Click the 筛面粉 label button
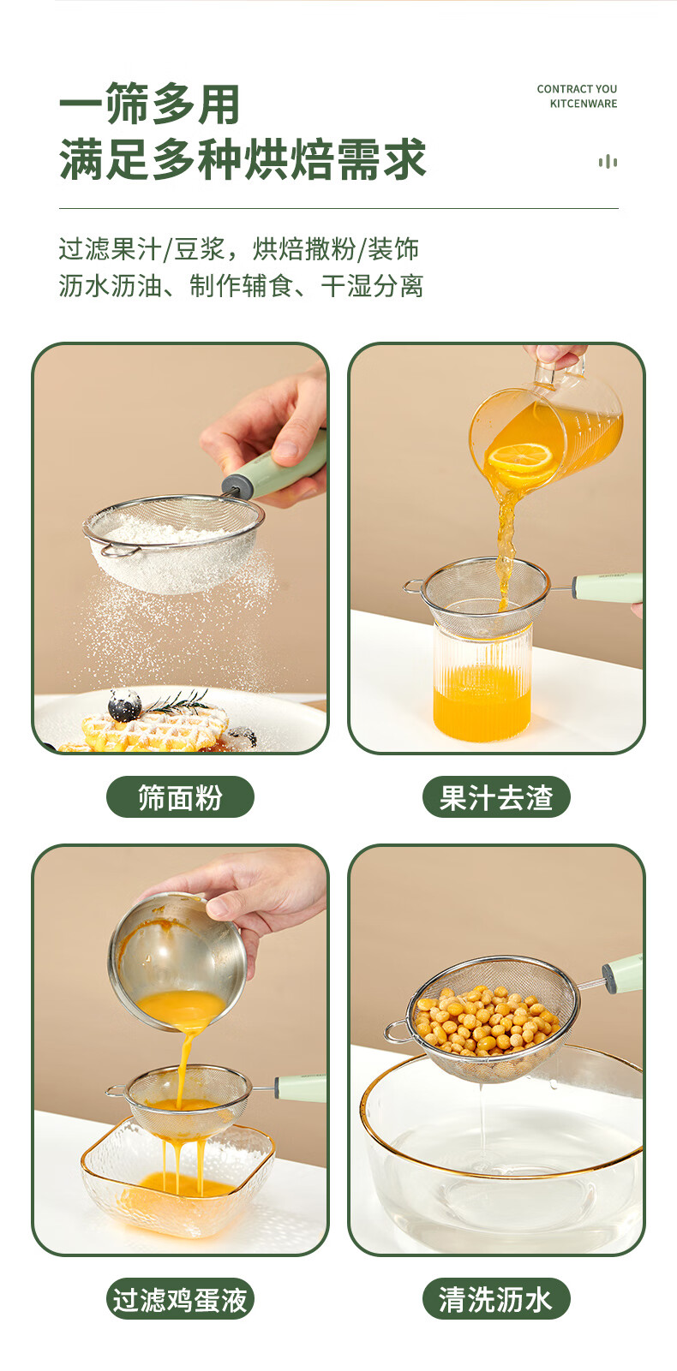180,797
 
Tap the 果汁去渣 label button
496,797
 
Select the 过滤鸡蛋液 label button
180,1299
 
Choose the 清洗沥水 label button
496,1299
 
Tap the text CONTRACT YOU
577,89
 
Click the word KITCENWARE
584,104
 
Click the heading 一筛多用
149,104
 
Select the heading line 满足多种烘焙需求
243,159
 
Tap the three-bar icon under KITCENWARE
608,162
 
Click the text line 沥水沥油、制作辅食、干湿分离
241,285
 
